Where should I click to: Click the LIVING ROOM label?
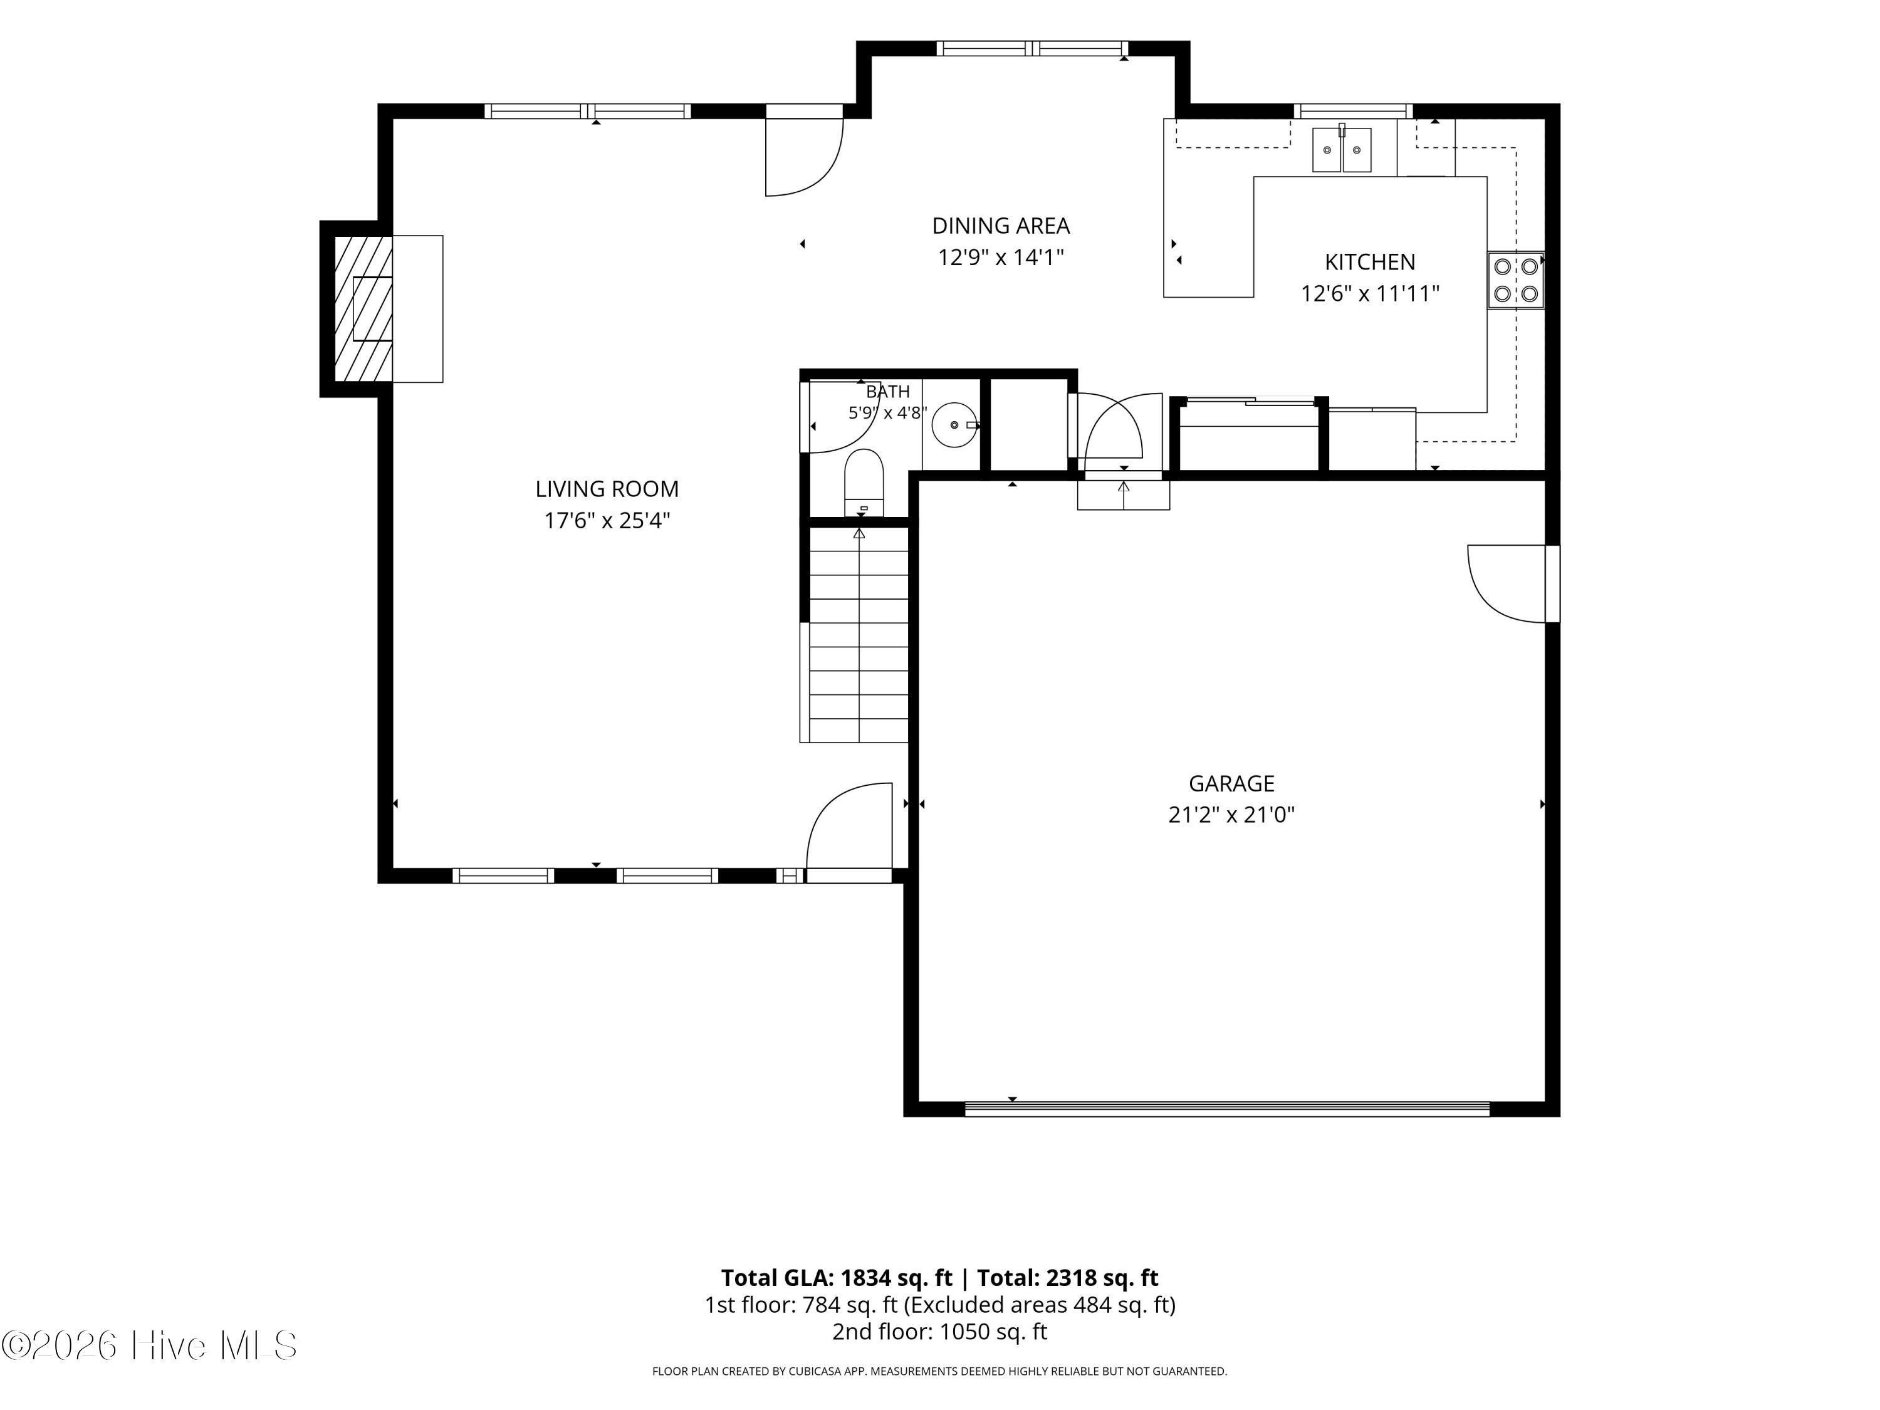(x=607, y=489)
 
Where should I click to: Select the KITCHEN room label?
(x=1370, y=262)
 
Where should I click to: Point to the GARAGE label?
(x=1231, y=783)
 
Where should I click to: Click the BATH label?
(x=887, y=392)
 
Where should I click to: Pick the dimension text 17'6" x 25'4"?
(x=607, y=520)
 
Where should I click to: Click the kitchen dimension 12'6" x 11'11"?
(x=1370, y=294)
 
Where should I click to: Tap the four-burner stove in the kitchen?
(x=1515, y=279)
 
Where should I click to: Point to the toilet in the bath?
(x=864, y=483)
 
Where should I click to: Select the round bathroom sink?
(x=954, y=424)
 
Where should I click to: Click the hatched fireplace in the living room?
(x=363, y=308)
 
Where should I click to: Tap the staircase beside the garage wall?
(x=859, y=635)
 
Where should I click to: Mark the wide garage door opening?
(x=1227, y=1109)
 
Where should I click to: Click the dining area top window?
(x=1031, y=48)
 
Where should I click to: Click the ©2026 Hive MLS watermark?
(x=150, y=1345)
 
